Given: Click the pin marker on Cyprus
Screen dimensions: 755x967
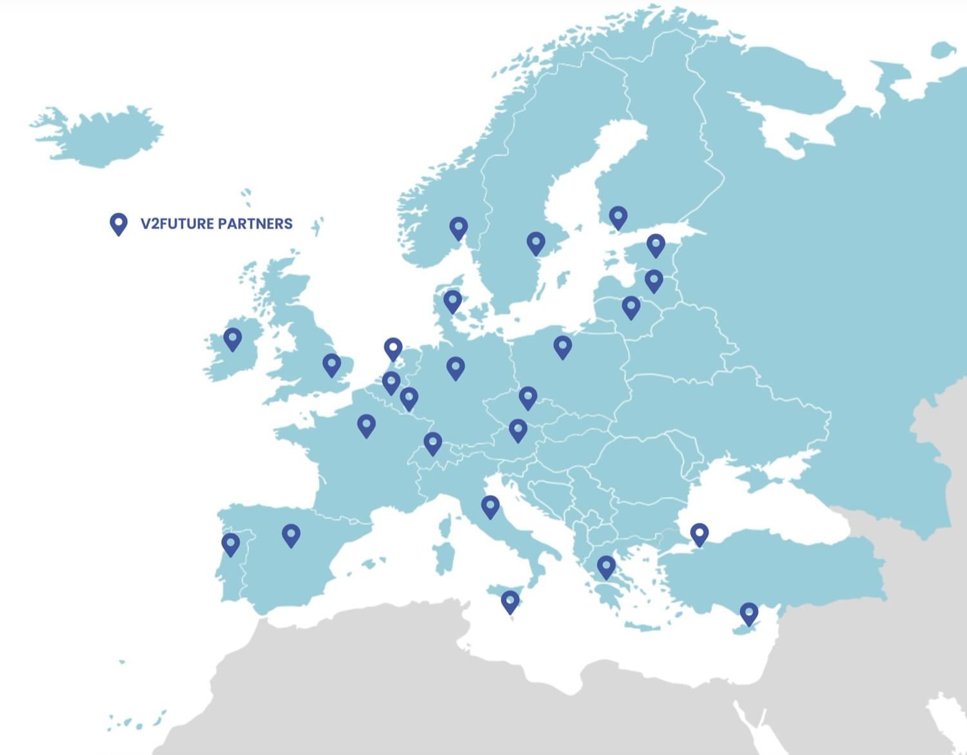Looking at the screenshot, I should [748, 613].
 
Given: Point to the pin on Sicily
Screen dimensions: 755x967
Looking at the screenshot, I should [510, 602].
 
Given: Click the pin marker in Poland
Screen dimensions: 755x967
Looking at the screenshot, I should [562, 347].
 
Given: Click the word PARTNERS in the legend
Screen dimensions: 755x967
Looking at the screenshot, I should [255, 224].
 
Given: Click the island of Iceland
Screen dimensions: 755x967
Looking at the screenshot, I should [103, 135].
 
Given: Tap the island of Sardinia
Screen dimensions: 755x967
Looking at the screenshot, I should [444, 558].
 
